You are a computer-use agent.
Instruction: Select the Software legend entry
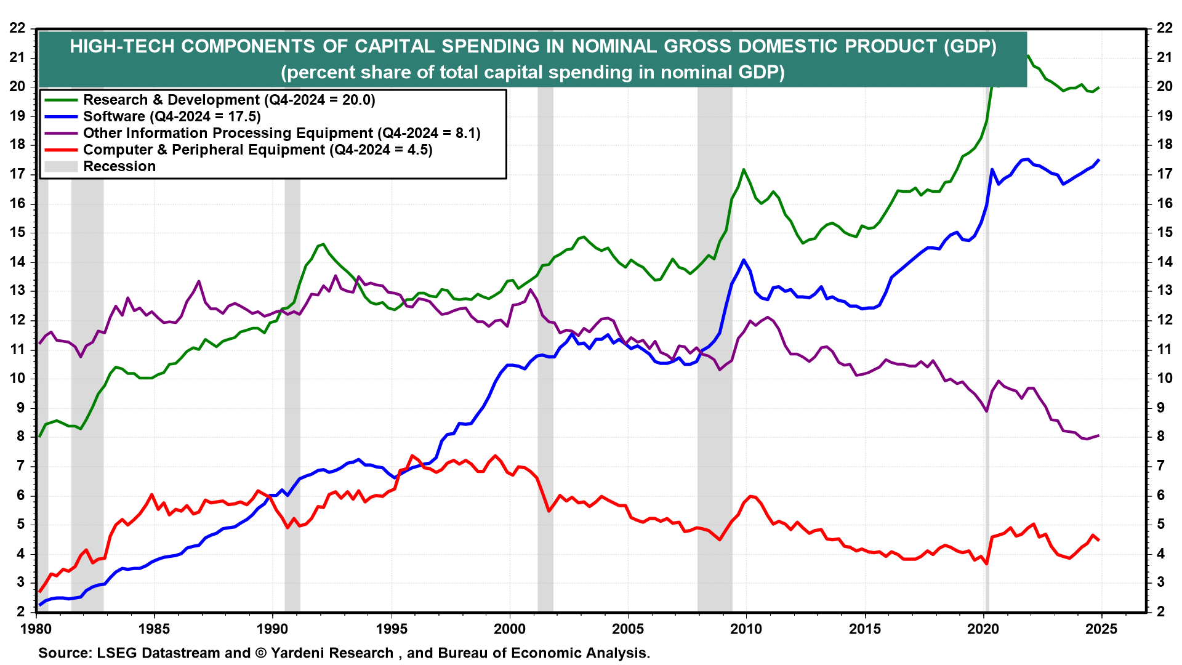[172, 116]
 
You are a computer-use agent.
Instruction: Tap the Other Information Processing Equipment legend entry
[281, 133]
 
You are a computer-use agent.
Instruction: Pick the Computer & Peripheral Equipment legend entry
[257, 150]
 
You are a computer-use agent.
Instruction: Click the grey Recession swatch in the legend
[61, 166]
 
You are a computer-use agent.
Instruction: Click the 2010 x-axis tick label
[746, 629]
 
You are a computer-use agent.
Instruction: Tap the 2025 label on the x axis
[1101, 629]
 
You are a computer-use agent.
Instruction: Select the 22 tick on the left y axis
[17, 28]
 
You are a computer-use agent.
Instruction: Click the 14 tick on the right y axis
[1164, 262]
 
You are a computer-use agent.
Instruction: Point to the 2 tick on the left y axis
[21, 611]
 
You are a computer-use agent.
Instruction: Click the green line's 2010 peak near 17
[744, 169]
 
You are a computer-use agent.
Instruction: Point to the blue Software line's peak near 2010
[744, 260]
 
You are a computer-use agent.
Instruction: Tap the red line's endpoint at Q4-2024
[1099, 540]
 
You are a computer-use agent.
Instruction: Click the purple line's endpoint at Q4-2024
[1099, 436]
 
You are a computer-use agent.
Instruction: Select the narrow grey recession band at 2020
[987, 369]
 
